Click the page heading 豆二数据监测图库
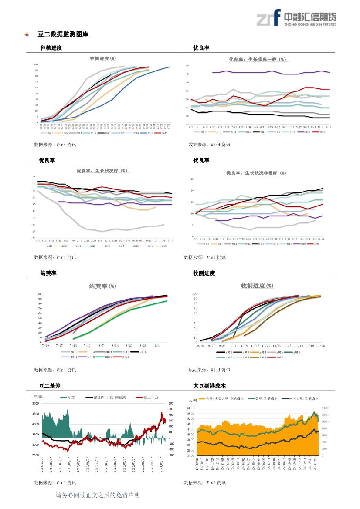point(63,34)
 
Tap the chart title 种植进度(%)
point(103,58)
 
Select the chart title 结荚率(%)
point(102,286)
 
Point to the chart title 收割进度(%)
point(257,286)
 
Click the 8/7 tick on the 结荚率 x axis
point(101,345)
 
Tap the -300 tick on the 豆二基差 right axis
point(171,455)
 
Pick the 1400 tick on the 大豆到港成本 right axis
point(325,408)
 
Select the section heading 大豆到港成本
point(209,386)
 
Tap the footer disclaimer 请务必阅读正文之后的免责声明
point(98,496)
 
